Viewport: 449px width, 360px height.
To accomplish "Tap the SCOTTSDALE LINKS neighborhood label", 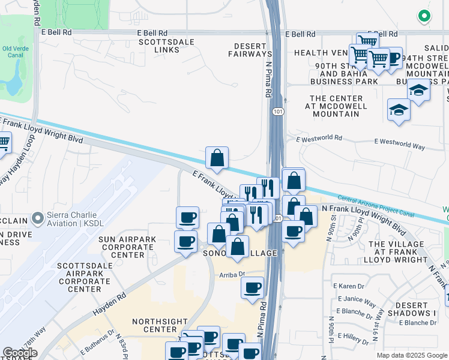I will (158, 46).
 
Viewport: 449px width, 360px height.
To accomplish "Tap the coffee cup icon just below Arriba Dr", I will (253, 287).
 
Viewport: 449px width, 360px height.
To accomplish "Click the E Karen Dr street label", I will (351, 287).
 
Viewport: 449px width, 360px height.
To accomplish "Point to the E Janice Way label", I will (357, 299).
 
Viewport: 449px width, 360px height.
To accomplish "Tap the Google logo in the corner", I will (20, 352).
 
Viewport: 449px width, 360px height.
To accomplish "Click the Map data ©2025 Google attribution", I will (411, 355).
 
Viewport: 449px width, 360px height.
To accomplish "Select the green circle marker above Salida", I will (424, 17).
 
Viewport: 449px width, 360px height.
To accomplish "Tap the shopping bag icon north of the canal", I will (217, 158).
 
